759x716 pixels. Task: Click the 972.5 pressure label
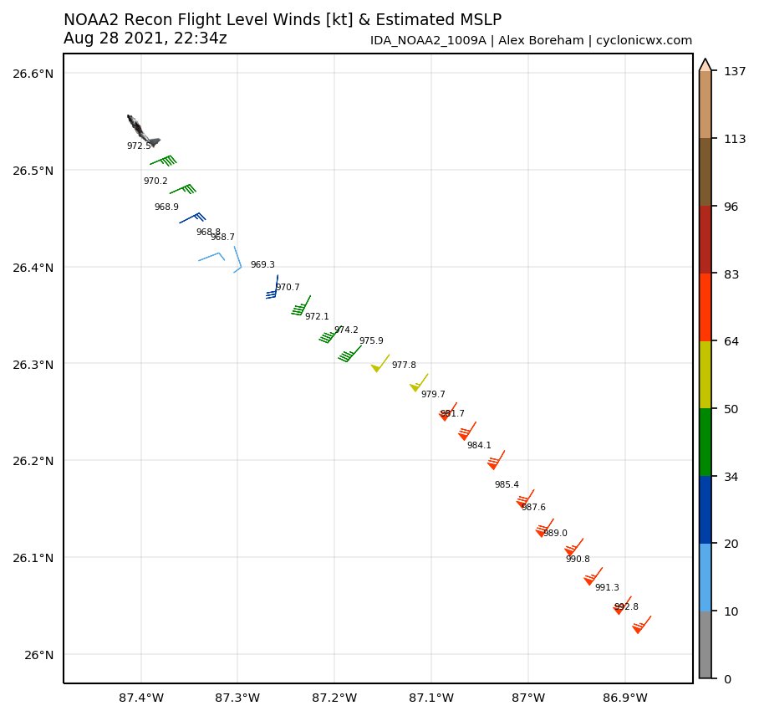tap(139, 146)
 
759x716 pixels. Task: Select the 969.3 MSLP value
tap(262, 264)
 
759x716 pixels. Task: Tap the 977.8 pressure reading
tap(404, 365)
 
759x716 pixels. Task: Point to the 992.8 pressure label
tap(626, 607)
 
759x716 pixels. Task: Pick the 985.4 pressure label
tap(507, 484)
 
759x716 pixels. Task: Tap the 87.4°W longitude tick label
tap(141, 697)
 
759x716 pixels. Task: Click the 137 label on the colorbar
tap(734, 72)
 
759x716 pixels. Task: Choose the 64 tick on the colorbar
tap(731, 341)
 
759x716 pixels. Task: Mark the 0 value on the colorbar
tap(727, 679)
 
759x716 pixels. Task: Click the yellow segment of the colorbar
tap(706, 375)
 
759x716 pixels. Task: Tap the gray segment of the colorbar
tap(706, 645)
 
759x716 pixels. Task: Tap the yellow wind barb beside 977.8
tap(380, 363)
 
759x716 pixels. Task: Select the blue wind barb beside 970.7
tap(273, 288)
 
